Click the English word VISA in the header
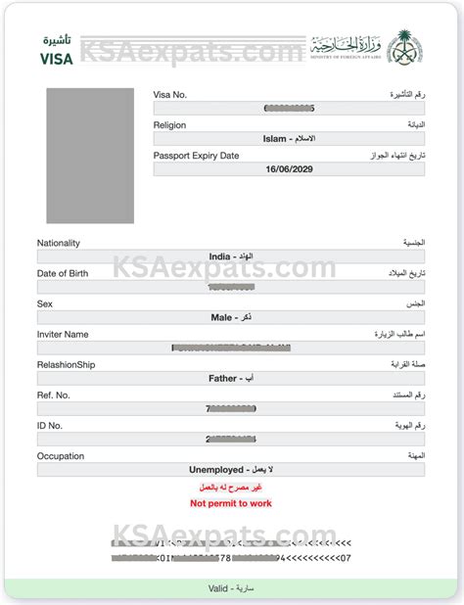pos(56,58)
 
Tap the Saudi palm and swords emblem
pos(403,46)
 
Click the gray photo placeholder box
pos(90,156)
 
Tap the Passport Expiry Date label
pos(196,156)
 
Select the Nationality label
pos(59,243)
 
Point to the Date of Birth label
pos(63,273)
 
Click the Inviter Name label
pos(63,334)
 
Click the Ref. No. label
pos(53,395)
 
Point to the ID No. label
pos(50,426)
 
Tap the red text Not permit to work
pos(231,503)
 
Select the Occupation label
pos(61,456)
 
